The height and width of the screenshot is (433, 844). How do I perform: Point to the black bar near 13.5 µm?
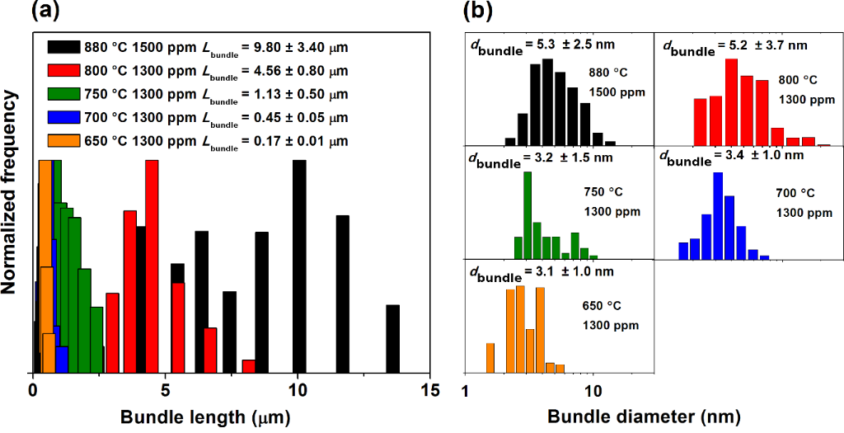[393, 338]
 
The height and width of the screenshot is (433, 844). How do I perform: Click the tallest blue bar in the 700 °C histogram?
[718, 214]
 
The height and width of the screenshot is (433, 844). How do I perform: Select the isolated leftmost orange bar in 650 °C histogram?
[490, 357]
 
